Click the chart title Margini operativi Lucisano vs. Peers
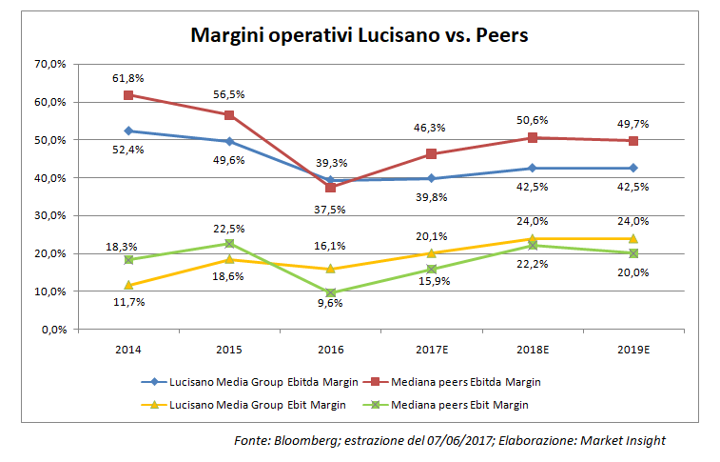(360, 35)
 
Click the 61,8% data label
(128, 77)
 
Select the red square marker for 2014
(128, 94)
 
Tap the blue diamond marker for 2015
(229, 141)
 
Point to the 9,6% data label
(330, 303)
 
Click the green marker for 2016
(330, 292)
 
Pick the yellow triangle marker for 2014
(128, 285)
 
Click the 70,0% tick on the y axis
(49, 64)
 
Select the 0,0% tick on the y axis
(51, 330)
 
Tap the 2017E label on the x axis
(431, 350)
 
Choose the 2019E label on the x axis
(632, 350)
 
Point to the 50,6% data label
(533, 120)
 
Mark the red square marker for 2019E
(632, 140)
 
